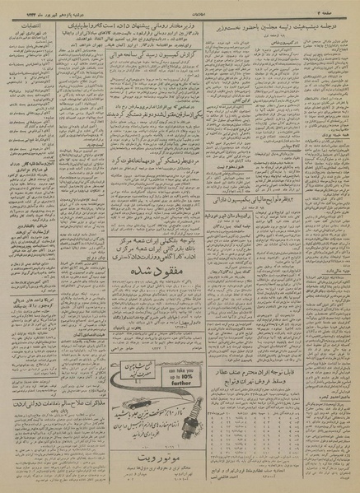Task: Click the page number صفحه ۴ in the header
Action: pos(339,7)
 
